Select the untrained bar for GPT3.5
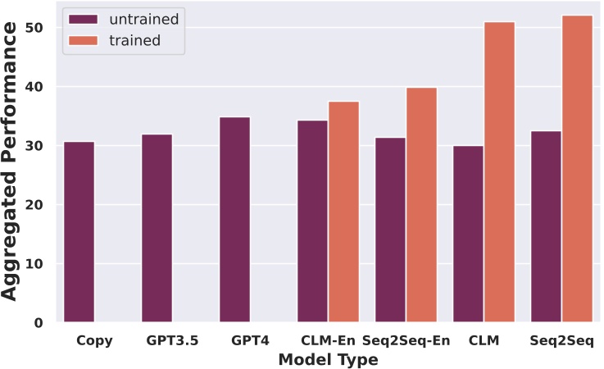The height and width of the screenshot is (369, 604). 157,229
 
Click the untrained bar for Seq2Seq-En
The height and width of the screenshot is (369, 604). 390,230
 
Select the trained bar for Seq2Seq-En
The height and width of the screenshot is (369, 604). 421,205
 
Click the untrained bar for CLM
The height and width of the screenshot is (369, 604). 468,235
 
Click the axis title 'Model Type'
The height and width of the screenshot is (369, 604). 328,359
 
